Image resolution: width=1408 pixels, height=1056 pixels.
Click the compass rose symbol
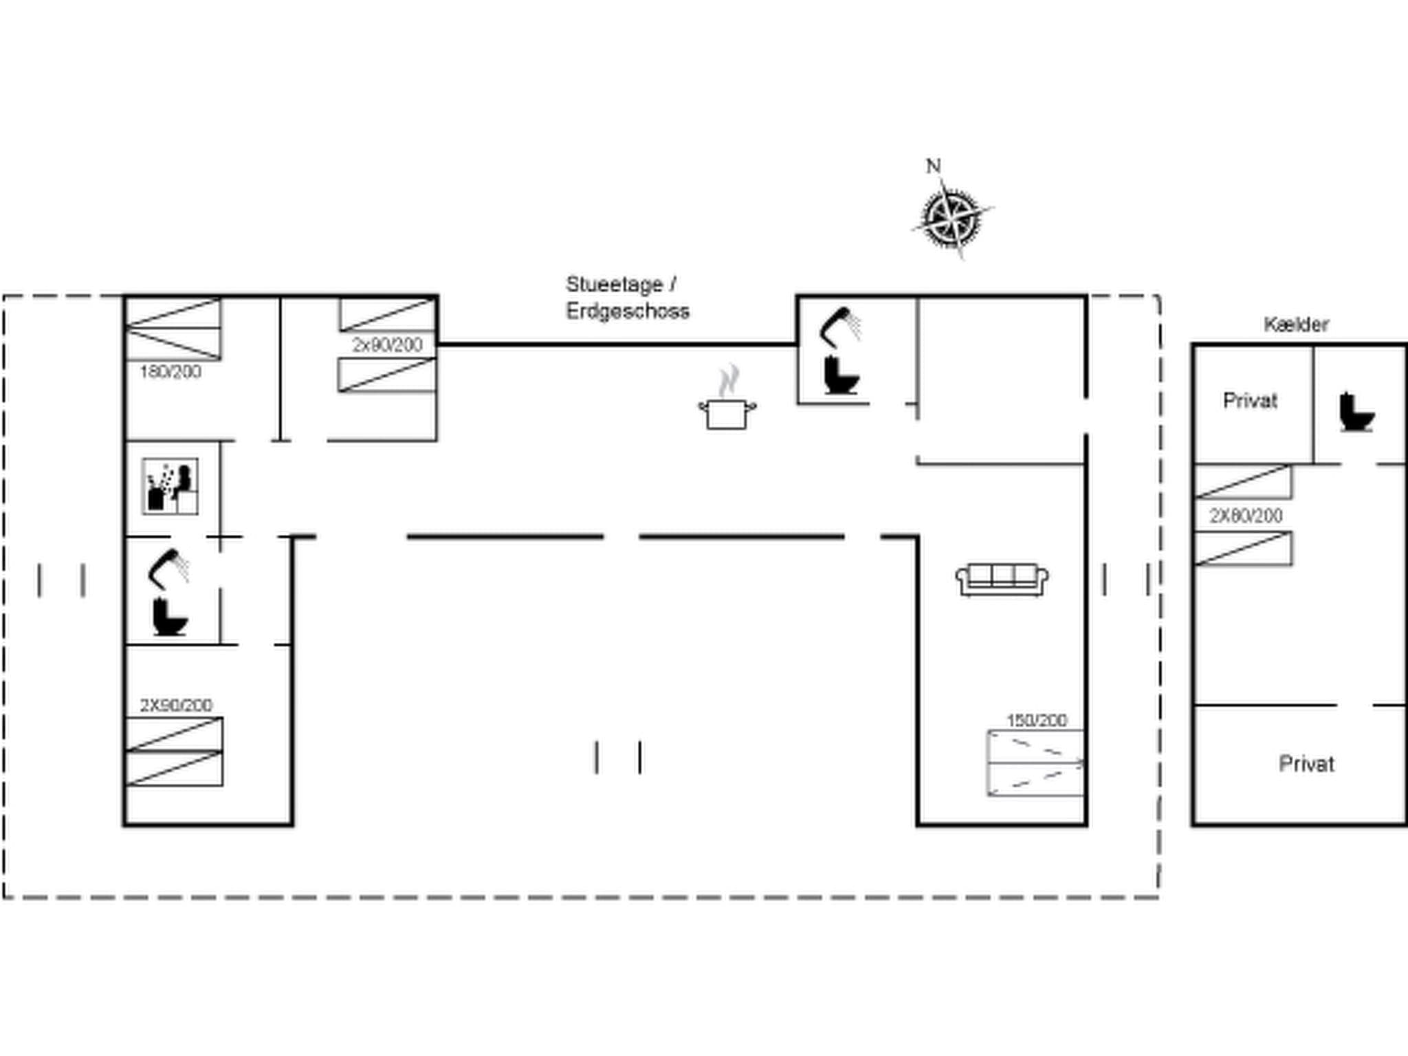[x=952, y=219]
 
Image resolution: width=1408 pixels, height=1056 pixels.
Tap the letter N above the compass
[x=933, y=166]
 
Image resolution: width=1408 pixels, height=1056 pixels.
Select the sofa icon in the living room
[x=1002, y=580]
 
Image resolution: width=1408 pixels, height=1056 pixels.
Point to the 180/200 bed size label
[x=170, y=372]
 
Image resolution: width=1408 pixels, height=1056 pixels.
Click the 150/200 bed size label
[x=1037, y=720]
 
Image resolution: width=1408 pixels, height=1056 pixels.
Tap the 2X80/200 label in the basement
[x=1246, y=516]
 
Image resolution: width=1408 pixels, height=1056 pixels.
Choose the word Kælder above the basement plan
[x=1296, y=324]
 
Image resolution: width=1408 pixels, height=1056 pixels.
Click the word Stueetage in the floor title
[x=614, y=284]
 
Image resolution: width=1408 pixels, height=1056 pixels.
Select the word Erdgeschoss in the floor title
[x=627, y=311]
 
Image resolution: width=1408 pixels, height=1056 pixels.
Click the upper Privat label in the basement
[x=1250, y=401]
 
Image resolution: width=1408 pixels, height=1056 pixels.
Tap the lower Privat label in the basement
[x=1306, y=764]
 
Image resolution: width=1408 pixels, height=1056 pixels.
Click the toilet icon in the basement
[x=1356, y=412]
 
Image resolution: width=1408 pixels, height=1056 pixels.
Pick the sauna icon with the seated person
[x=170, y=486]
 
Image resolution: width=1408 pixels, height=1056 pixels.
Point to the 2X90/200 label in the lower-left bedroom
[x=176, y=705]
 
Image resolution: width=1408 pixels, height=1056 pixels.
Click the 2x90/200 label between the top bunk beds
[x=387, y=345]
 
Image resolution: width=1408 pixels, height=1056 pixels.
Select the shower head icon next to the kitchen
[x=841, y=327]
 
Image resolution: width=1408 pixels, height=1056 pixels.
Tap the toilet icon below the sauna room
[x=169, y=617]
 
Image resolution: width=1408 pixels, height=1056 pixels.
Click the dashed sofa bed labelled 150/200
[x=1035, y=763]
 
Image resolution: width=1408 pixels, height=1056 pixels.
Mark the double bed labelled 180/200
[x=173, y=329]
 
